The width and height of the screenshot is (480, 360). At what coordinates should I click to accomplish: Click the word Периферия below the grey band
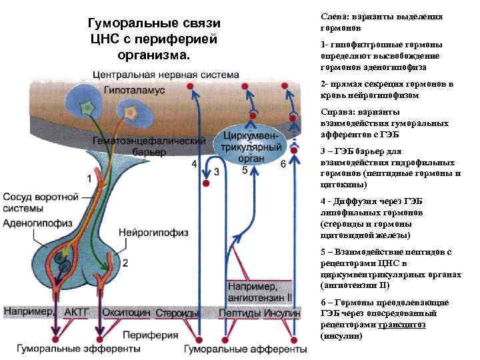tap(151, 335)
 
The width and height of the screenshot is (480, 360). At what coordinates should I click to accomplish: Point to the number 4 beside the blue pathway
tap(194, 163)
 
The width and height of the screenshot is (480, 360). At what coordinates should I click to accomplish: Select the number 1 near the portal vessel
tap(90, 179)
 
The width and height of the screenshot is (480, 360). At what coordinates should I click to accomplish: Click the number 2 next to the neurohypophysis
tap(125, 263)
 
